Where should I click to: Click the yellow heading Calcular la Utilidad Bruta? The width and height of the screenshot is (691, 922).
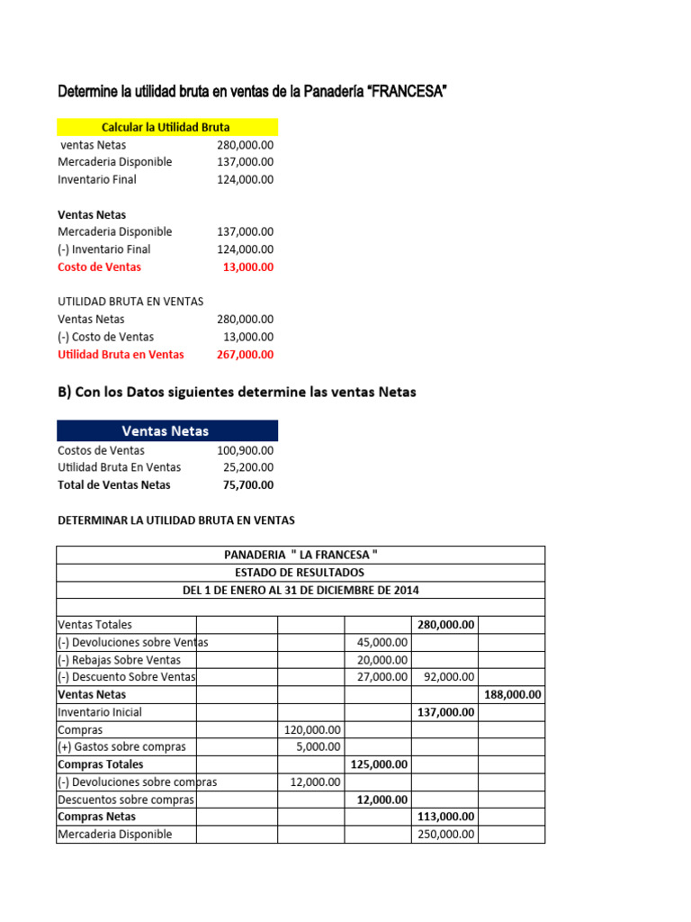click(167, 128)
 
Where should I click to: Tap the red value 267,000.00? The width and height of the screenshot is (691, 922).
click(245, 354)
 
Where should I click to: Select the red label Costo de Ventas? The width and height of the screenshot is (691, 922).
click(99, 267)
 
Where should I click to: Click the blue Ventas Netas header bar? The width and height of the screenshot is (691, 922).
click(167, 430)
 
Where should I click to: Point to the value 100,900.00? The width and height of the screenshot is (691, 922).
click(245, 450)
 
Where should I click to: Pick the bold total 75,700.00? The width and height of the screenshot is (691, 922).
click(247, 484)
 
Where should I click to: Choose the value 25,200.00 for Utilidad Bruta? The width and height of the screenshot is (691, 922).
click(248, 467)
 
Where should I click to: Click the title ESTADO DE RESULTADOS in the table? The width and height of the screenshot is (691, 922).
click(301, 572)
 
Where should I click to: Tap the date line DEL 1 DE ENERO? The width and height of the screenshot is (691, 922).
click(301, 590)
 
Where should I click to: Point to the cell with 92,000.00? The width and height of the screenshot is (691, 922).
click(444, 677)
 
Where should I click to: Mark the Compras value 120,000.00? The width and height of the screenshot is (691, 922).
click(310, 729)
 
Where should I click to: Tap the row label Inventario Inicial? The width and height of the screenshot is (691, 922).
click(99, 712)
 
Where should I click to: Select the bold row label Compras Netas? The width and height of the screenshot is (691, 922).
click(97, 817)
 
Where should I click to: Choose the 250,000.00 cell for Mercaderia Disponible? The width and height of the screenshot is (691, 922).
click(444, 835)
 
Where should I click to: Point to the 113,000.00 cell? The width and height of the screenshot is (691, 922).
click(444, 817)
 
